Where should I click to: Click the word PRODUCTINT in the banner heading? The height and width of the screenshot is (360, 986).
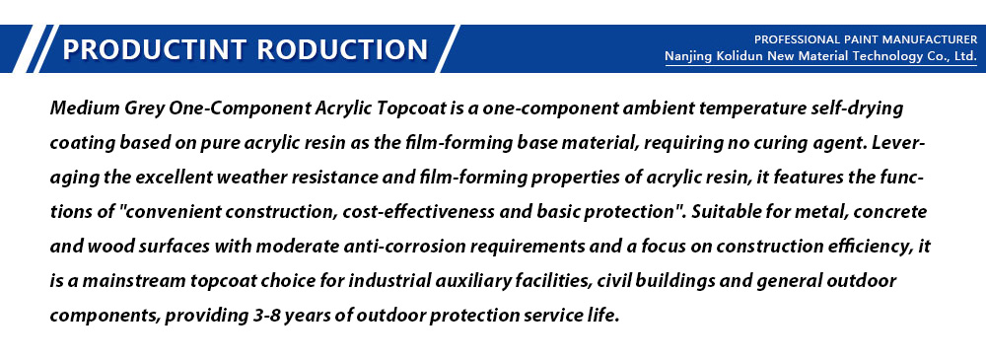pos(150,49)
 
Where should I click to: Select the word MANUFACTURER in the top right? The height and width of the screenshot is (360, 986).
pos(928,39)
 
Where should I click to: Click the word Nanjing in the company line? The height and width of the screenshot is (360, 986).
pos(688,57)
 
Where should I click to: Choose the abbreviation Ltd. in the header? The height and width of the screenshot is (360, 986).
pos(965,56)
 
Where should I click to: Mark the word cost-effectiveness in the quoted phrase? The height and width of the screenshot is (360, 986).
pos(419,212)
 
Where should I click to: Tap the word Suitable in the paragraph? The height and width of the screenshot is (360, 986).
pos(722,212)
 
